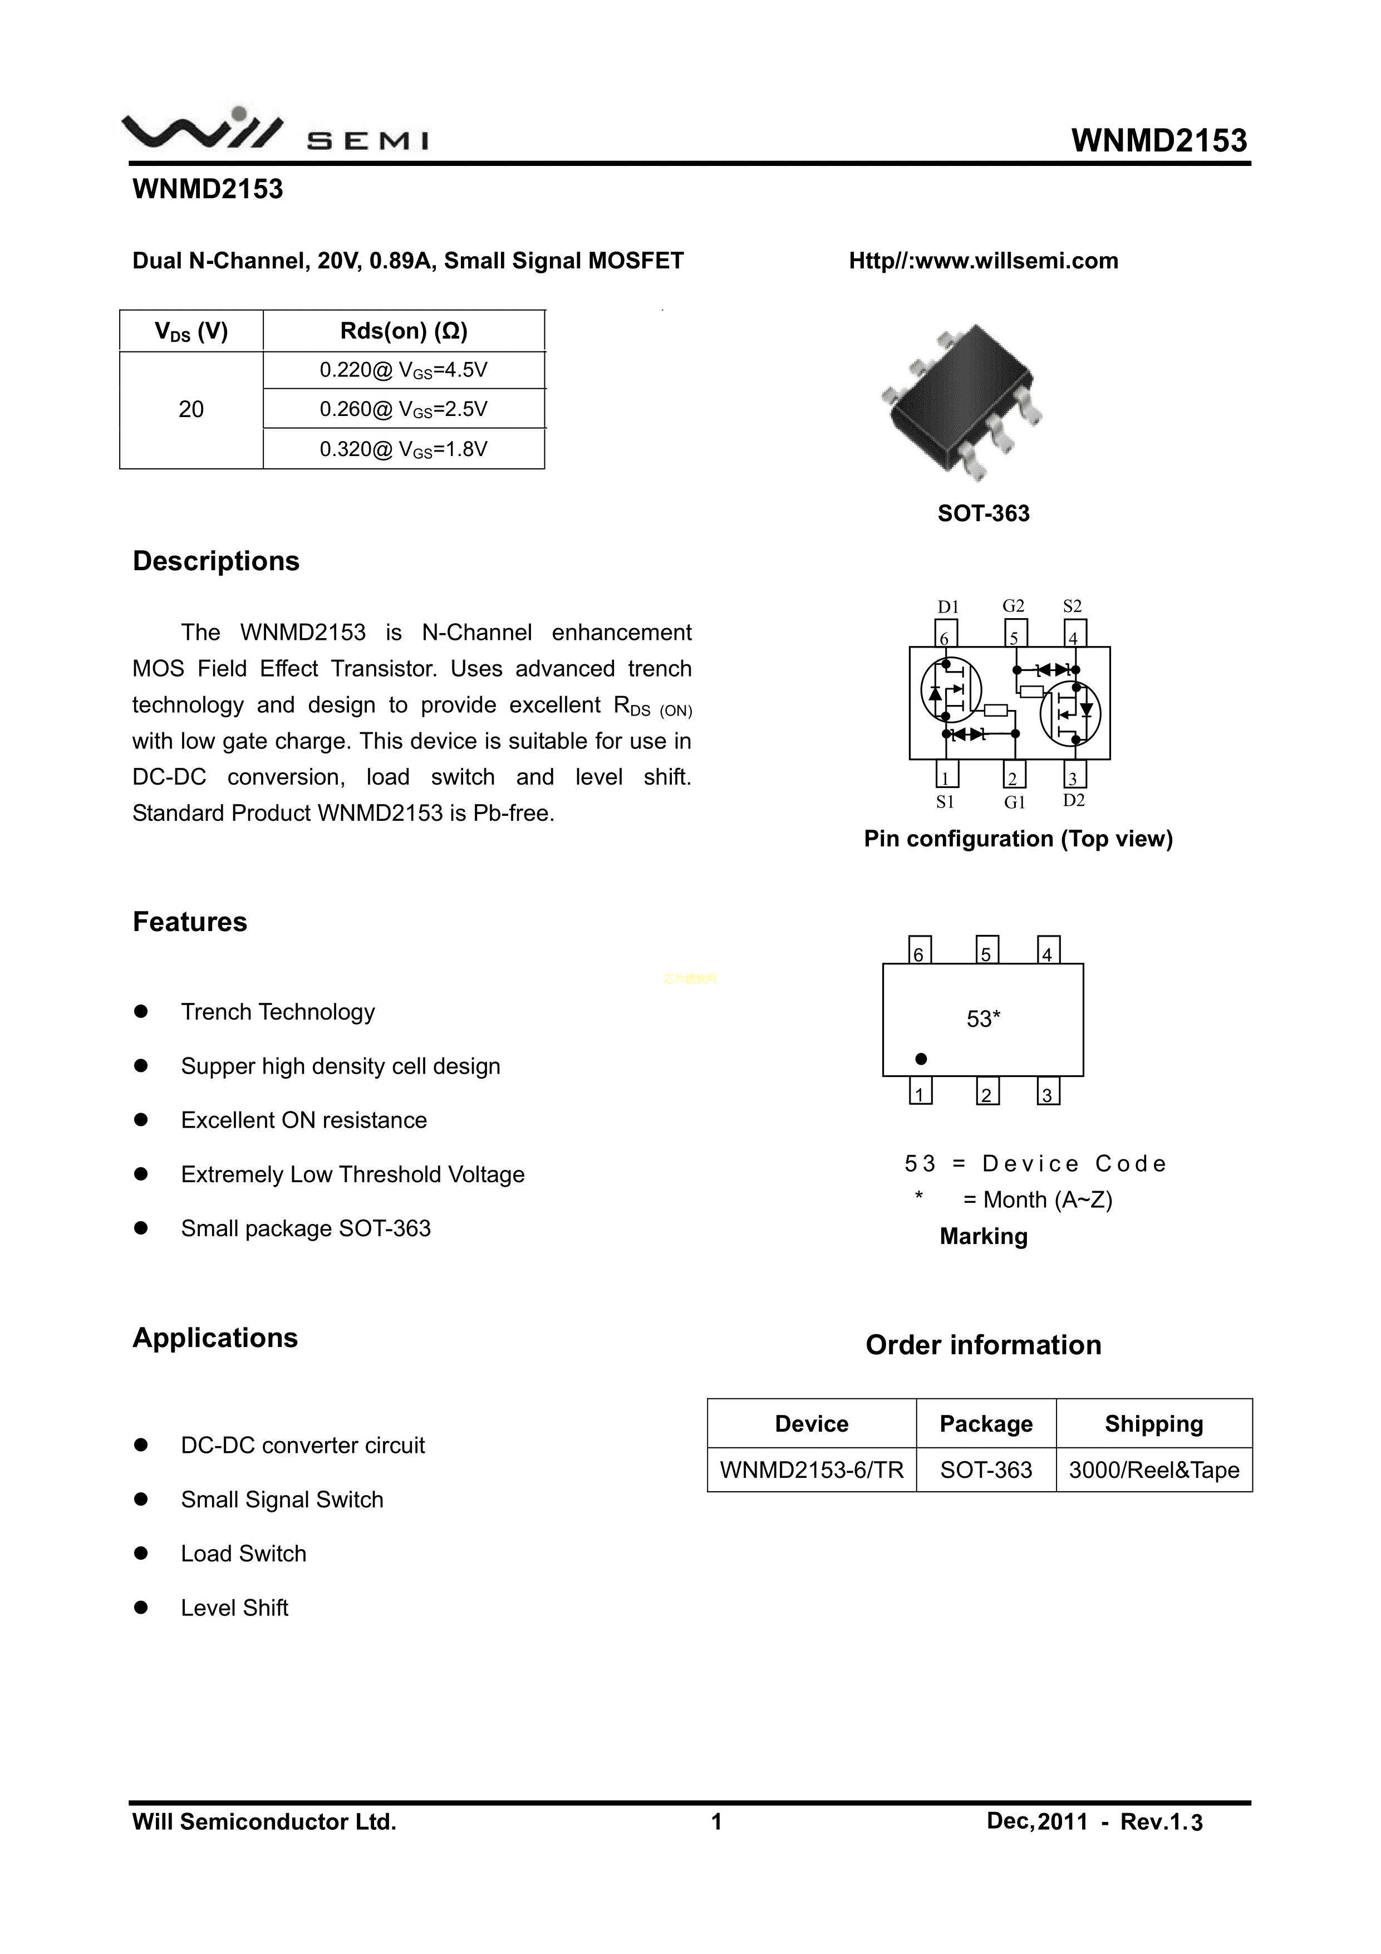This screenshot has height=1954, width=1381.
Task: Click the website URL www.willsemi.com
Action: (x=983, y=261)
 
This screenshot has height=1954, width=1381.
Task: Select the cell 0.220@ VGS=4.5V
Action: (x=404, y=370)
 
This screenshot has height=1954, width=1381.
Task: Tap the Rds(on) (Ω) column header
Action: (x=404, y=331)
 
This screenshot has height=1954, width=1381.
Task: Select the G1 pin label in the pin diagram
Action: (x=1014, y=802)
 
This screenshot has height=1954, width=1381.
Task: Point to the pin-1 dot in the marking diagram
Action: (x=921, y=1059)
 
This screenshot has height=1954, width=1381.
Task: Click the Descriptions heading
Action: (x=216, y=562)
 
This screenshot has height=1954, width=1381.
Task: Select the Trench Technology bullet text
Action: (x=277, y=1012)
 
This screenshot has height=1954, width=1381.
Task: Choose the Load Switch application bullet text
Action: (x=243, y=1554)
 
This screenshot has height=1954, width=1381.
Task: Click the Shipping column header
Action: (x=1154, y=1424)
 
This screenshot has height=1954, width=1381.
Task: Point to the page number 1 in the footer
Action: (x=716, y=1821)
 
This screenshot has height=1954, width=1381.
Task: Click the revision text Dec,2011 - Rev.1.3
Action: (x=1094, y=1821)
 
